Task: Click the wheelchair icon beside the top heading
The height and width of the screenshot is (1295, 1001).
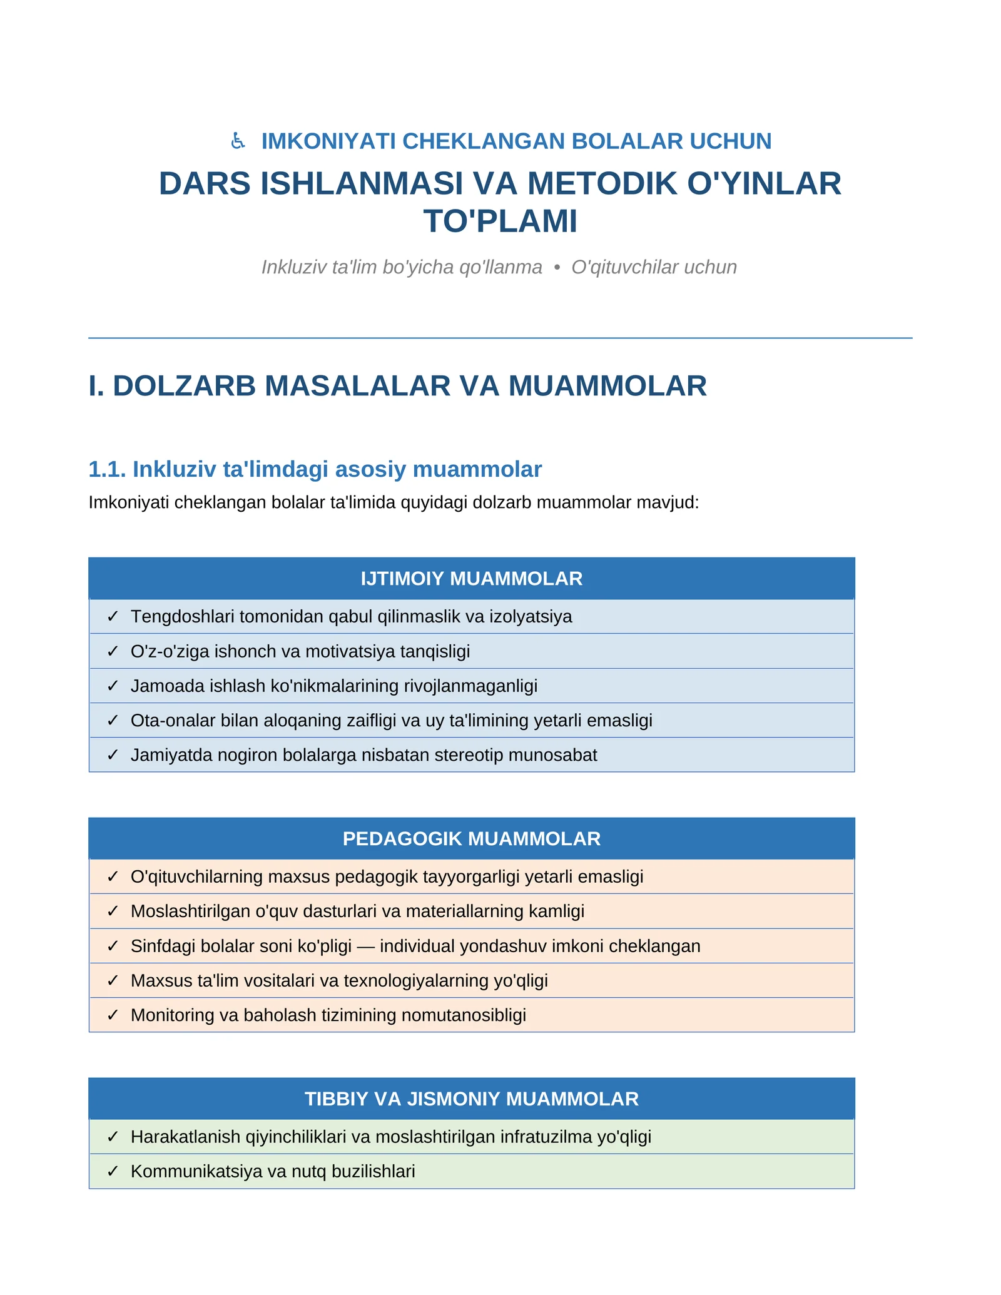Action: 238,141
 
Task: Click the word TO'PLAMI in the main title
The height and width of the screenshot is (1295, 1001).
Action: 500,221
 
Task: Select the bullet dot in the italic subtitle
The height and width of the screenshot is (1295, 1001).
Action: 557,268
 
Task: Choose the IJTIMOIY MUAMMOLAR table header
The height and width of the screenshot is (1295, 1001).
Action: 471,579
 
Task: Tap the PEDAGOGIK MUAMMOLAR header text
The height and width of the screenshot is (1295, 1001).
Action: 471,838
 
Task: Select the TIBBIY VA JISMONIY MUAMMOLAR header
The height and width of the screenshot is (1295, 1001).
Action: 471,1099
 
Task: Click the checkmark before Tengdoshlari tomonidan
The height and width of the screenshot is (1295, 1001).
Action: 113,617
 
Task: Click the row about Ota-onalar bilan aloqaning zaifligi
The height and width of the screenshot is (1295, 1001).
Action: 391,721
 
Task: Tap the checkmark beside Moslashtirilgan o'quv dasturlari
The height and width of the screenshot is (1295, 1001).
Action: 113,912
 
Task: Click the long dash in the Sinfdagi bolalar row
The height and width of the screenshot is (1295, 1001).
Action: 366,946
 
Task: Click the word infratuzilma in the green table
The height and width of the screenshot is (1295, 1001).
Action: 546,1137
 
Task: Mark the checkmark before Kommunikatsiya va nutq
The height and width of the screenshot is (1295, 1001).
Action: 113,1171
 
